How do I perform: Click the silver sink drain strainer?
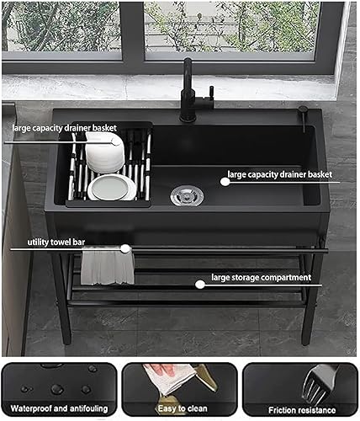[x=187, y=195]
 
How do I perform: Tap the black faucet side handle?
[x=210, y=93]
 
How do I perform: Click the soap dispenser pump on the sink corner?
[x=304, y=118]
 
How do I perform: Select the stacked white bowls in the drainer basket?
[x=104, y=152]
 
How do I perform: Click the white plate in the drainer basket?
[x=112, y=188]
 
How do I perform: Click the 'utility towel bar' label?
[x=56, y=242]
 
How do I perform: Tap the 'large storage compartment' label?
[x=262, y=278]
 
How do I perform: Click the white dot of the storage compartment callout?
[x=200, y=285]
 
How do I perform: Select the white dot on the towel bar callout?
[x=125, y=248]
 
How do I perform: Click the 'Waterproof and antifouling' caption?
[x=59, y=408]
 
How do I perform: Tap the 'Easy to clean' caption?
[x=183, y=408]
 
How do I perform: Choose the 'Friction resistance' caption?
[x=302, y=410]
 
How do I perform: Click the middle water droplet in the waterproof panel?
[x=57, y=389]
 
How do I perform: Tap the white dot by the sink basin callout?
[x=225, y=182]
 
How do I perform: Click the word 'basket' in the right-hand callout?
[x=320, y=174]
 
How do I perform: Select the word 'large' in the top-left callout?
[x=20, y=128]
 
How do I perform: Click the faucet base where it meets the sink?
[x=188, y=118]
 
